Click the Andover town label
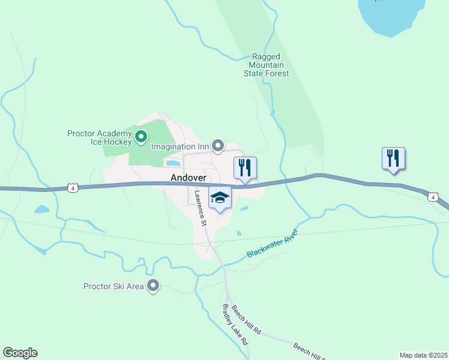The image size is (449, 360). (188, 178)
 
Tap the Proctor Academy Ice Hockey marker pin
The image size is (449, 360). (141, 137)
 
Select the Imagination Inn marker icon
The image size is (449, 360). (218, 146)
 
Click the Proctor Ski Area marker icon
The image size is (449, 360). (154, 286)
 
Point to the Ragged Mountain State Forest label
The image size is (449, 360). (266, 65)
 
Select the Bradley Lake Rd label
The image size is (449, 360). (235, 323)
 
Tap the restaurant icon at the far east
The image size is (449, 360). (393, 158)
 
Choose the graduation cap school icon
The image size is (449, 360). (220, 197)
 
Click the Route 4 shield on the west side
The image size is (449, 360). (73, 188)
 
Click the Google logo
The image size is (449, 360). (20, 353)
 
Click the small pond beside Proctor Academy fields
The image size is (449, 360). (173, 163)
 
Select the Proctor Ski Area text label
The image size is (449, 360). (113, 286)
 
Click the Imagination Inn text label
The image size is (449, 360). (179, 146)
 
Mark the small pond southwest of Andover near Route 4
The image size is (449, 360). (41, 209)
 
